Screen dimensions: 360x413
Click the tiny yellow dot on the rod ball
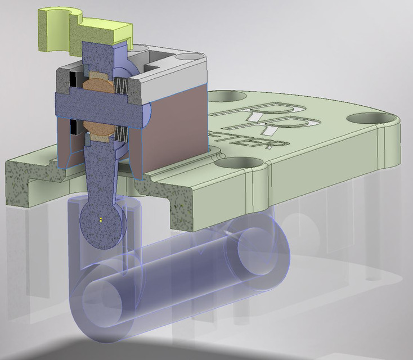(x=99, y=219)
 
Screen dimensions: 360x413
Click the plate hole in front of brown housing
(x=233, y=163)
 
